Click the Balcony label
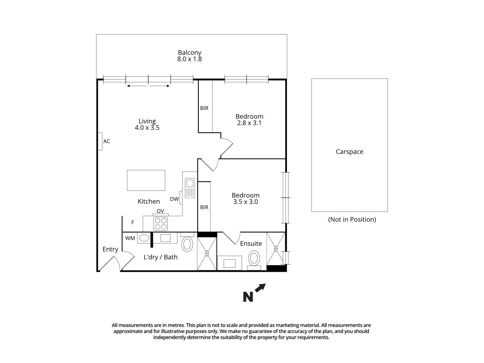pyautogui.click(x=189, y=53)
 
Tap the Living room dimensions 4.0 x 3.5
pyautogui.click(x=147, y=128)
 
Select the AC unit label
pyautogui.click(x=107, y=141)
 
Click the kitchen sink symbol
pyautogui.click(x=190, y=188)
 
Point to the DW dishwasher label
pyautogui.click(x=174, y=199)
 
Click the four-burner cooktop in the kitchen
pyautogui.click(x=161, y=224)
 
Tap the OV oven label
pyautogui.click(x=160, y=211)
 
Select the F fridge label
pyautogui.click(x=132, y=223)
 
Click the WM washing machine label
pyautogui.click(x=130, y=238)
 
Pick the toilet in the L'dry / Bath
pyautogui.click(x=187, y=244)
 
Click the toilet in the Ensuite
pyautogui.click(x=254, y=258)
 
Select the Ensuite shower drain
pyautogui.click(x=276, y=248)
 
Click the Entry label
pyautogui.click(x=110, y=249)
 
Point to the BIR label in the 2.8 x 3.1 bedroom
pyautogui.click(x=204, y=108)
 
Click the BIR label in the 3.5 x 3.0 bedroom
pyautogui.click(x=204, y=207)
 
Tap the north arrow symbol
pyautogui.click(x=254, y=293)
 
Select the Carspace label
pyautogui.click(x=350, y=152)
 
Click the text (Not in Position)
pyautogui.click(x=352, y=220)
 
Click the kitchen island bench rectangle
pyautogui.click(x=146, y=180)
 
